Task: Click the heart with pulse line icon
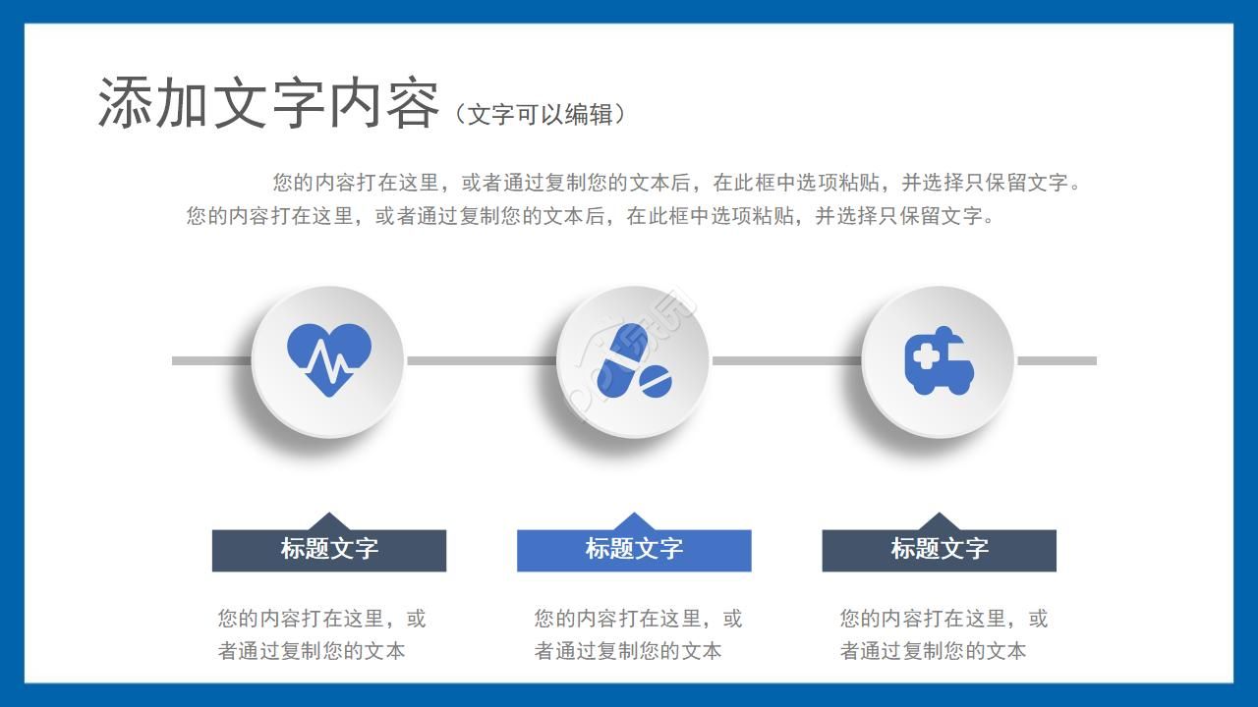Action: [x=329, y=359]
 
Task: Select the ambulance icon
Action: [x=939, y=361]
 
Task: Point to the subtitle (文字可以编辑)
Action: [x=541, y=114]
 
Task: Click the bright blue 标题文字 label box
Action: [x=634, y=550]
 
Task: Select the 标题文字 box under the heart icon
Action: [x=329, y=550]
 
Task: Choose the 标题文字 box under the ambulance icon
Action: [x=939, y=550]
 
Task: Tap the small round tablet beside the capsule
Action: [x=656, y=380]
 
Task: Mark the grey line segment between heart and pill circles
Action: [x=480, y=360]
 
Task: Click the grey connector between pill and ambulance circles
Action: [x=785, y=360]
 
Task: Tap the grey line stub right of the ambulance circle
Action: [x=1057, y=360]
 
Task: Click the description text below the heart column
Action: [x=321, y=634]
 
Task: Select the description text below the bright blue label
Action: [x=638, y=634]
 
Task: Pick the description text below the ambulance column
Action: [x=943, y=634]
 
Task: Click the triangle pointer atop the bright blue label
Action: [x=634, y=521]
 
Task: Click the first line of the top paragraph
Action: [x=678, y=183]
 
